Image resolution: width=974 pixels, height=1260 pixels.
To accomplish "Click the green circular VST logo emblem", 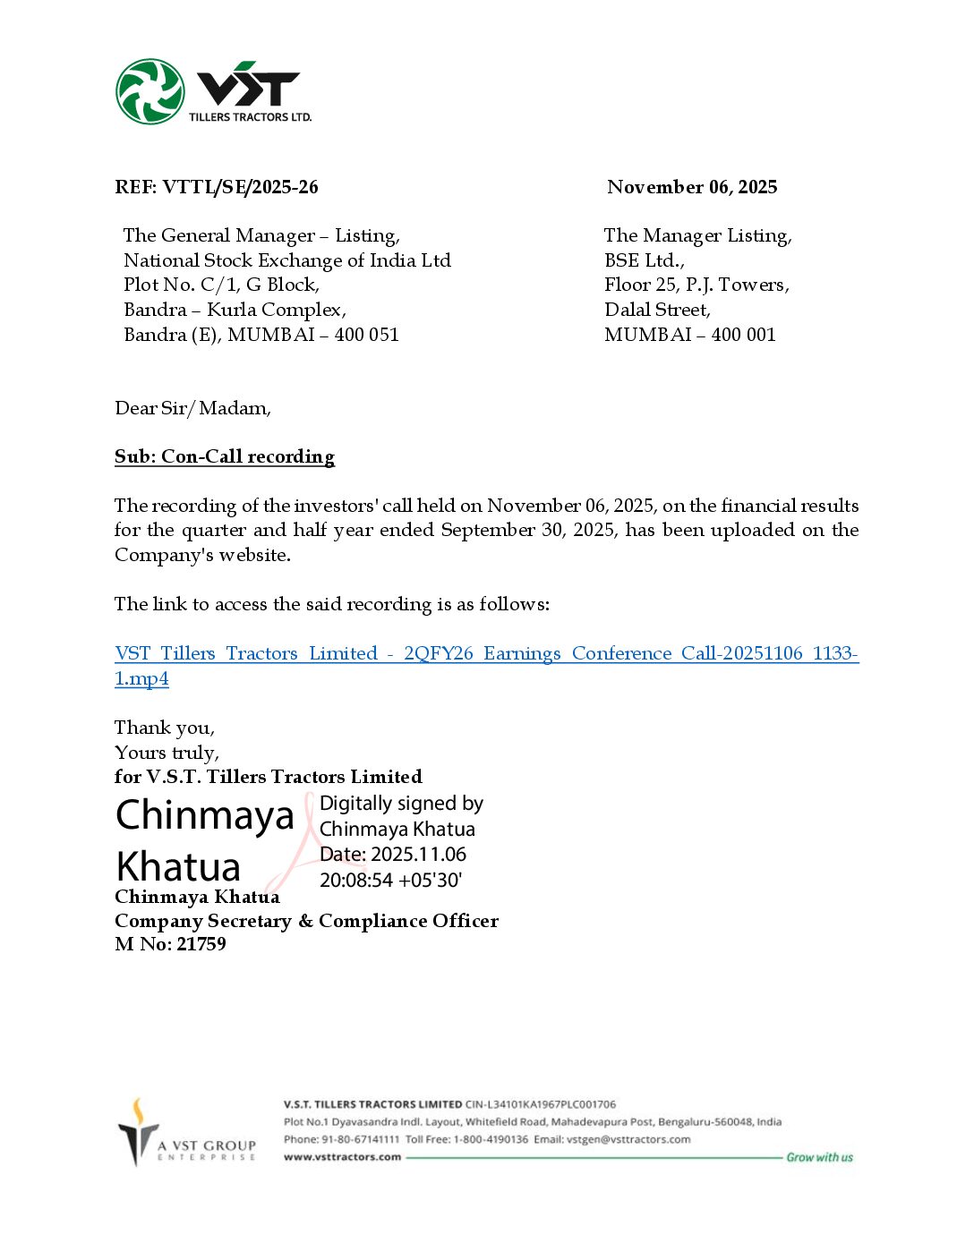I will pos(150,91).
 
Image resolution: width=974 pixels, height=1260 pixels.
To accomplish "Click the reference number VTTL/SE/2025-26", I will pos(240,187).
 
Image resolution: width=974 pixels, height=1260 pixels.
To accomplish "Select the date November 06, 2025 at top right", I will pos(692,187).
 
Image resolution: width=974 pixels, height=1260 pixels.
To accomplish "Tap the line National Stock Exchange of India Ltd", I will pos(286,260).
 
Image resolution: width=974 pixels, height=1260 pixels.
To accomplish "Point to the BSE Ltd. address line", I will pos(644,260).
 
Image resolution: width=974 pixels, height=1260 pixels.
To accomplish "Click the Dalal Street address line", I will pos(657,310).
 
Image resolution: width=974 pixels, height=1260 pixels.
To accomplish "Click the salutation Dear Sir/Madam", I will pos(192,408).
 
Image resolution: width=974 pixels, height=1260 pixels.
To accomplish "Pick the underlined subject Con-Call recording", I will pos(225,456).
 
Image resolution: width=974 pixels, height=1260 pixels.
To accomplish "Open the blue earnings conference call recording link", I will pos(486,654).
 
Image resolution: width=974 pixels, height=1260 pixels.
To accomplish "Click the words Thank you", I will pos(164,728).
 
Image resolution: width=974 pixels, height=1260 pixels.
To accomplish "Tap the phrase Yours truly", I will pos(167,753).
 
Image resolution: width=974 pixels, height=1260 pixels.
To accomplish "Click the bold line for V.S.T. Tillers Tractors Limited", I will pos(269,777).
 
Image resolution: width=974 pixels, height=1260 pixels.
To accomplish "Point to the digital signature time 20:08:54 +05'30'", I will pos(390,881).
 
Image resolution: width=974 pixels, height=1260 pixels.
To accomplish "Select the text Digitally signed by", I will pos(401,804).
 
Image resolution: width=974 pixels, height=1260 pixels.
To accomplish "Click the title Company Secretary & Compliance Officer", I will pos(306,921).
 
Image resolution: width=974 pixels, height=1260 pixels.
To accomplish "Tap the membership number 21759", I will pos(201,944).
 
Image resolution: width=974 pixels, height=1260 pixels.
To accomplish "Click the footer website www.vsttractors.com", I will pos(342,1157).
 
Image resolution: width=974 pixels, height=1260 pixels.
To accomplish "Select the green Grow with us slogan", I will pos(819,1158).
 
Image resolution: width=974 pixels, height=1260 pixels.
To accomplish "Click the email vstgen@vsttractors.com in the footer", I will pos(628,1139).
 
